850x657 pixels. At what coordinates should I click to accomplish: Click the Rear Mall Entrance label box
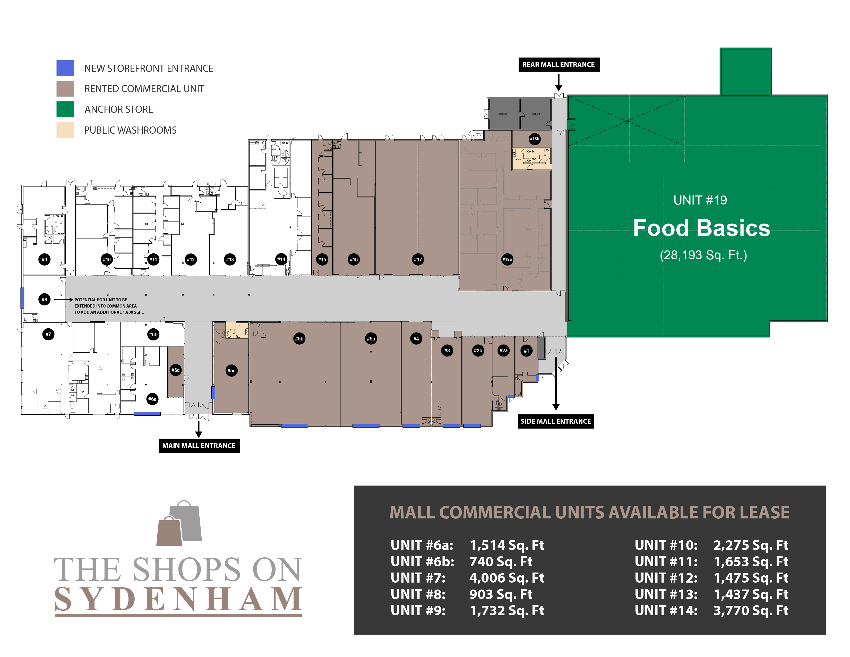(x=559, y=65)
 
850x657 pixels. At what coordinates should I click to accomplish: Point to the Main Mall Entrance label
(x=199, y=446)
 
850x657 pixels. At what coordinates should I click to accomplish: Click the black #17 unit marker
(x=418, y=260)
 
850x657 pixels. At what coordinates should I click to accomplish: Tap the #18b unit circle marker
(x=534, y=139)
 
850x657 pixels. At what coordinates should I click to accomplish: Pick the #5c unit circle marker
(x=231, y=371)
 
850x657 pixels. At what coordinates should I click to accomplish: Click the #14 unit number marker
(x=281, y=260)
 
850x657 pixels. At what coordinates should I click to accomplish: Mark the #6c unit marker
(x=176, y=370)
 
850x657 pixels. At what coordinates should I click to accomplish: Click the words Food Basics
(x=701, y=228)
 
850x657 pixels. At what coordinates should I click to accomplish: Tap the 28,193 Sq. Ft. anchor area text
(x=703, y=255)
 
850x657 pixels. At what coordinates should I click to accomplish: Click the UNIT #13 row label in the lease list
(x=666, y=594)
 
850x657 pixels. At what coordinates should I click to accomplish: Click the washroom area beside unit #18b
(x=531, y=159)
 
